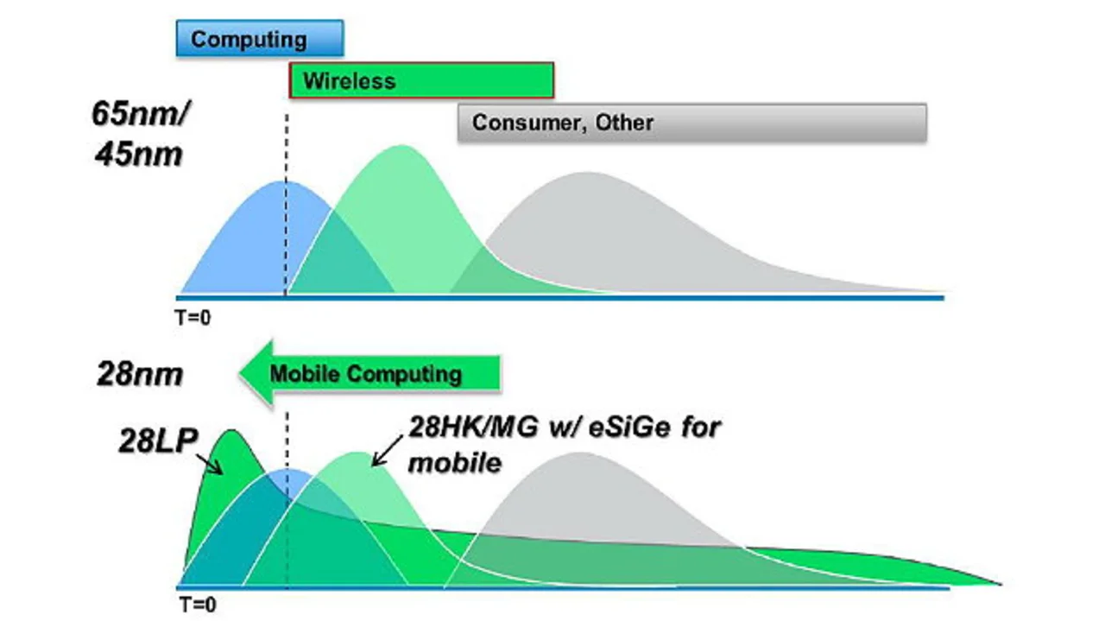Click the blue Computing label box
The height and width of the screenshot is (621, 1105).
click(x=260, y=39)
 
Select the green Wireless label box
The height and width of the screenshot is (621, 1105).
click(x=421, y=80)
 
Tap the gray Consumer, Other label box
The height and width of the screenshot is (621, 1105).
click(x=692, y=123)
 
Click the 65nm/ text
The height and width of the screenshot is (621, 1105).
click(x=141, y=113)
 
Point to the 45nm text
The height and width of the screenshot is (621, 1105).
click(x=139, y=155)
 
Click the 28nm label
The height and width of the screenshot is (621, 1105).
click(x=140, y=374)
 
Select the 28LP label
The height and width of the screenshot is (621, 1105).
click(x=158, y=440)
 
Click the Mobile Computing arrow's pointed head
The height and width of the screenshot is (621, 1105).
click(x=240, y=373)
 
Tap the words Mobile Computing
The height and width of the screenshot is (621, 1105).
click(x=365, y=374)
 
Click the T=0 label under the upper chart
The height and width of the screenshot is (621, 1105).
click(x=193, y=318)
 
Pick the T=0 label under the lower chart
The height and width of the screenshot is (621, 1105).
click(x=198, y=605)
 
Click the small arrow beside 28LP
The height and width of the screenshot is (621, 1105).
click(x=209, y=464)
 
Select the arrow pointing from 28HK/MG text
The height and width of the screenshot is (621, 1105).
click(x=388, y=450)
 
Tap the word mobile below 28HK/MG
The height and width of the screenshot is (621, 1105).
click(x=455, y=463)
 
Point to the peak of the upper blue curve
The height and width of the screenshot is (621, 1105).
click(x=285, y=181)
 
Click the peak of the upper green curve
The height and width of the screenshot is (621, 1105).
click(x=402, y=145)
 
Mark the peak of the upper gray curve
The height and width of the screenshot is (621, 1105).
click(x=587, y=172)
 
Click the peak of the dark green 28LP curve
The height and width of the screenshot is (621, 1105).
click(x=230, y=430)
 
